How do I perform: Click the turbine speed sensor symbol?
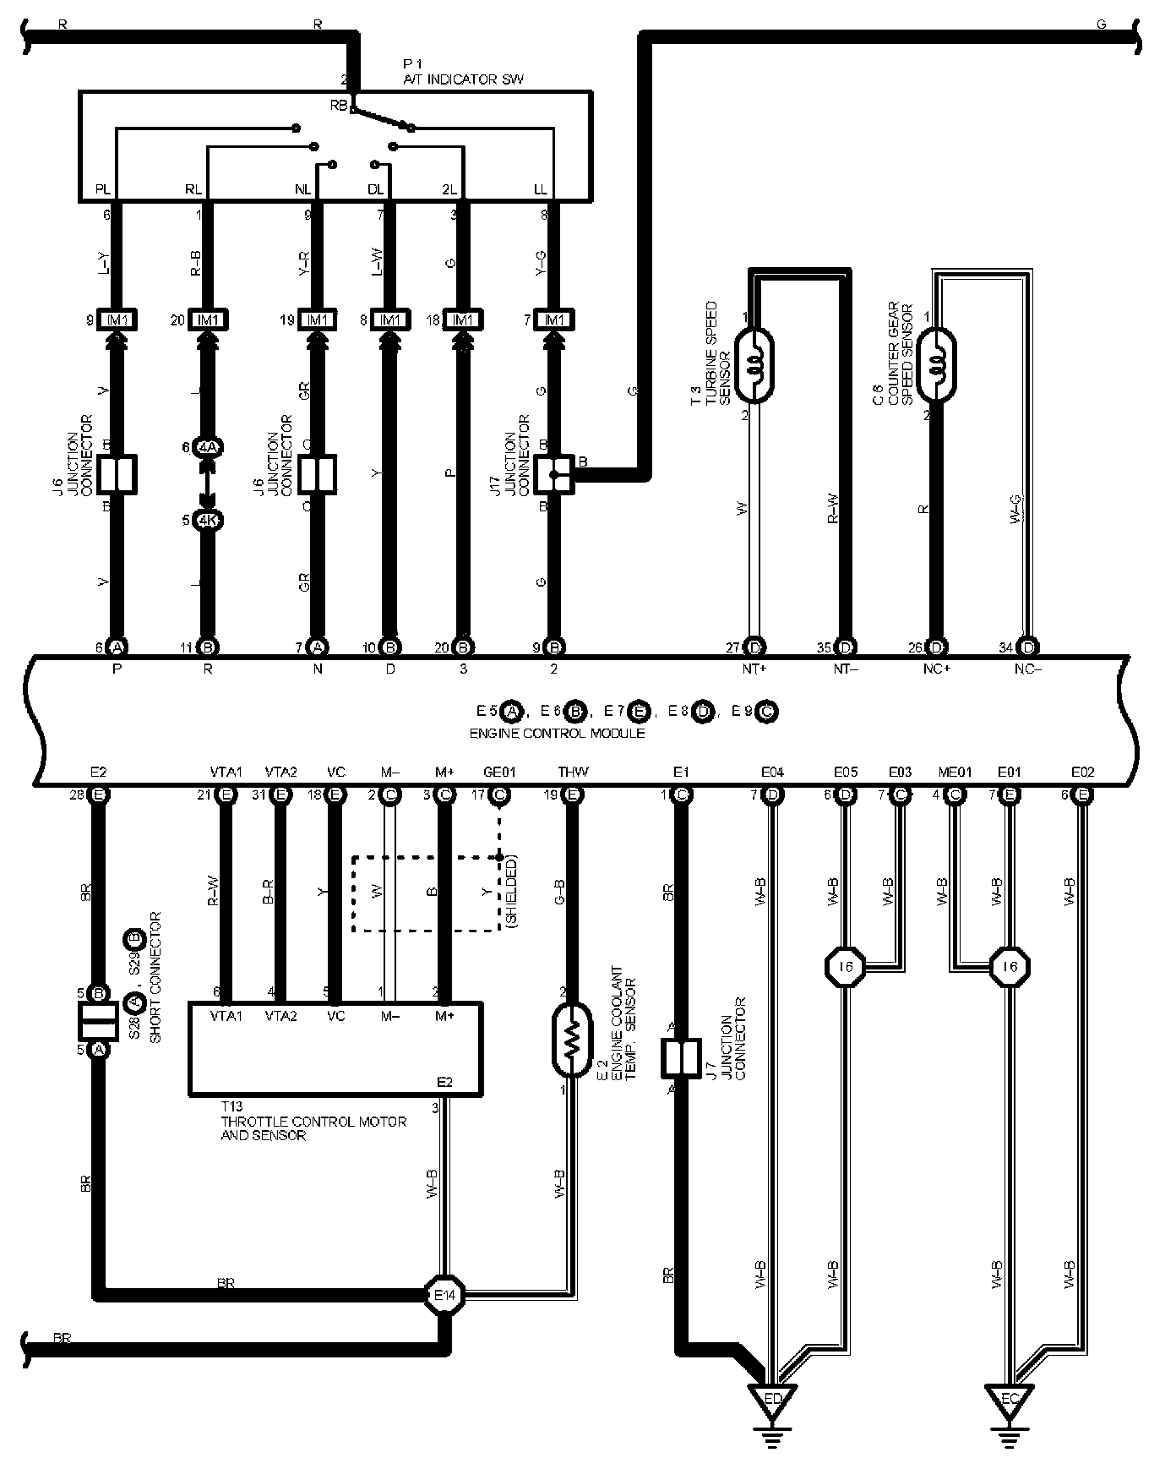pyautogui.click(x=754, y=364)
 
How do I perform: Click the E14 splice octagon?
pyautogui.click(x=444, y=1294)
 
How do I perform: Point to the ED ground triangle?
pyautogui.click(x=772, y=1400)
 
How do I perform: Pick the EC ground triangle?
pyautogui.click(x=1009, y=1400)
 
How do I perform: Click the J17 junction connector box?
pyautogui.click(x=555, y=475)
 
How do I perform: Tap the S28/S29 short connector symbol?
pyautogui.click(x=98, y=1021)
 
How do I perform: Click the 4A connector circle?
pyautogui.click(x=208, y=447)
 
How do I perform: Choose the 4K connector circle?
pyautogui.click(x=208, y=521)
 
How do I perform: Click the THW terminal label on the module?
pyautogui.click(x=573, y=772)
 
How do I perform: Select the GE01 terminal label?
pyautogui.click(x=499, y=772)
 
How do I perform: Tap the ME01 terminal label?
pyautogui.click(x=955, y=772)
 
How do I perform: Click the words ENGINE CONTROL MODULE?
pyautogui.click(x=557, y=733)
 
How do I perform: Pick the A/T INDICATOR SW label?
pyautogui.click(x=463, y=79)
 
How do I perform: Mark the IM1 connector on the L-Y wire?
pyautogui.click(x=117, y=320)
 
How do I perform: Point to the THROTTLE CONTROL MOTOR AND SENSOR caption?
pyautogui.click(x=313, y=1128)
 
